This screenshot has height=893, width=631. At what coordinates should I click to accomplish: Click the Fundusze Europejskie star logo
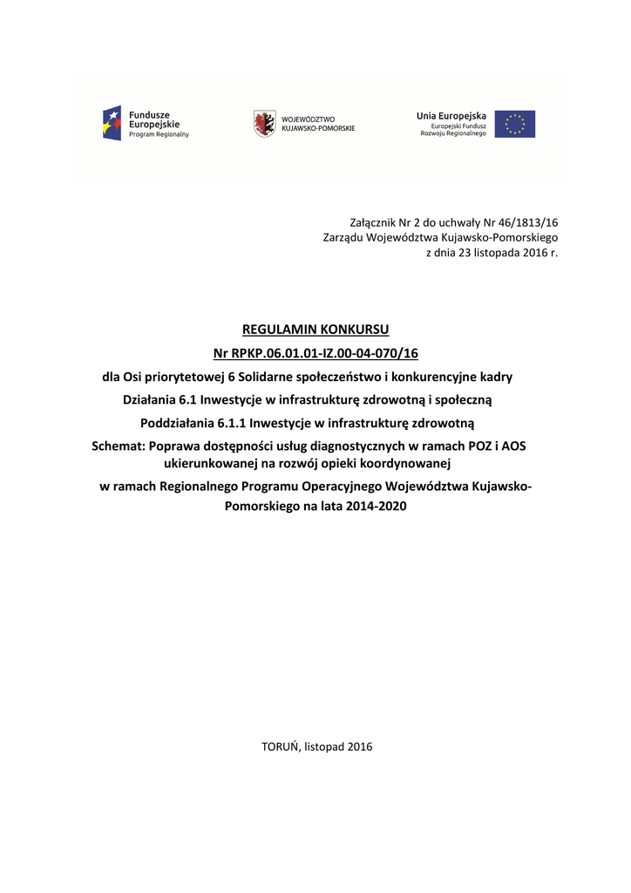click(x=112, y=123)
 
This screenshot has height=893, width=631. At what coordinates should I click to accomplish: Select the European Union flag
click(x=515, y=124)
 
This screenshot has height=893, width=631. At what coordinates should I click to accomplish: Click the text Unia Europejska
click(x=451, y=115)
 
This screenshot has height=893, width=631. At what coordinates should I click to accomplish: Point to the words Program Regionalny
click(x=159, y=134)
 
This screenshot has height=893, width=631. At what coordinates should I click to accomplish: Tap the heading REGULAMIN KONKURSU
click(x=315, y=330)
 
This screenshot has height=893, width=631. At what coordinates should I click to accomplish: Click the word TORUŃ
click(x=281, y=746)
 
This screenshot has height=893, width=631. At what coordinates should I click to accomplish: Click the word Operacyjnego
click(x=339, y=487)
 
